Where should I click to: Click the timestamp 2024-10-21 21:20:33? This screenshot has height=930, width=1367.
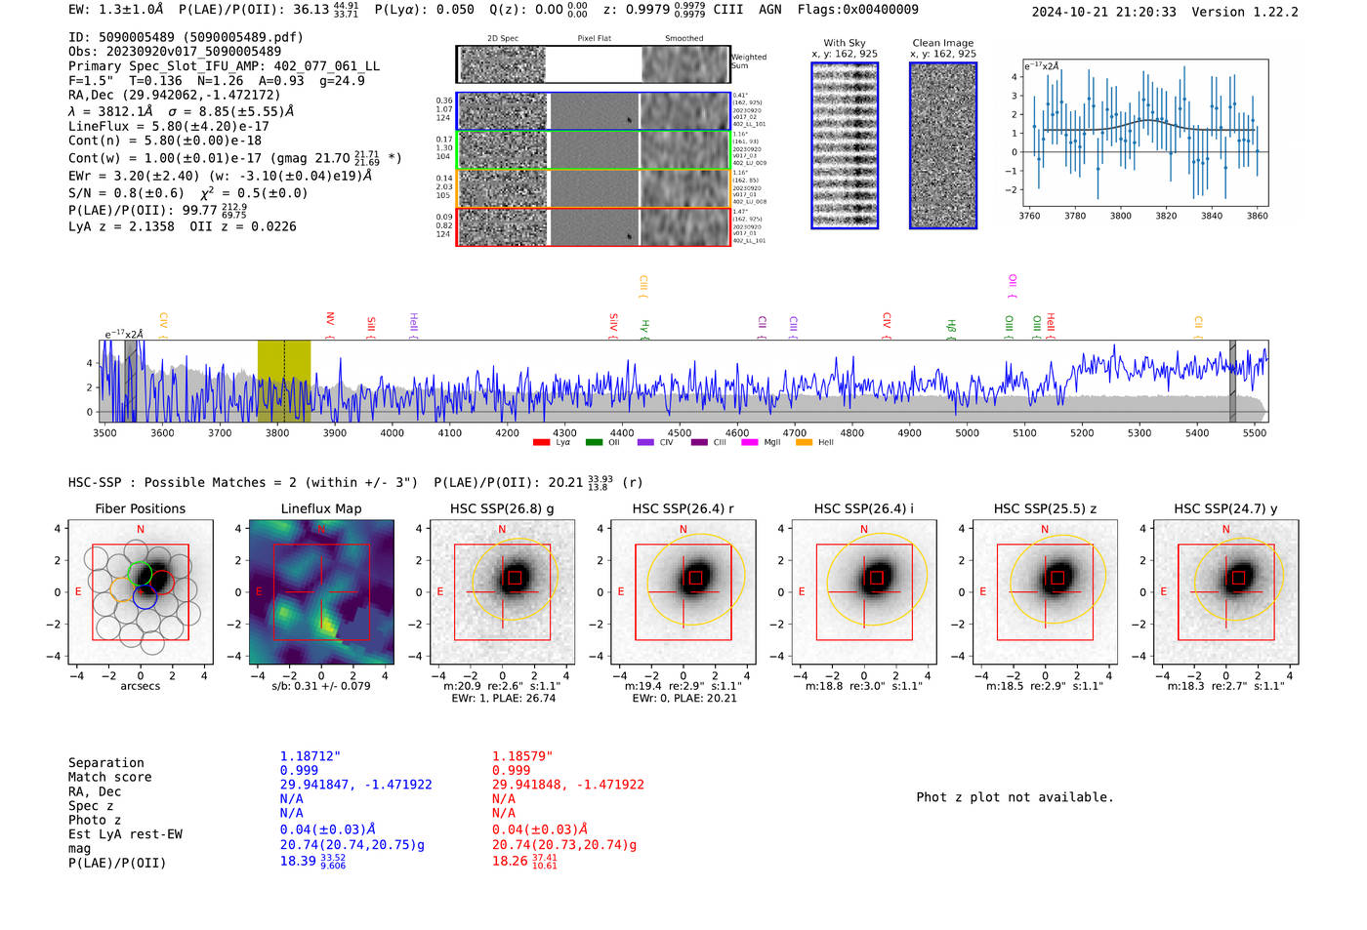point(1103,12)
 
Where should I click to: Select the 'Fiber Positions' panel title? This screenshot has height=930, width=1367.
point(140,508)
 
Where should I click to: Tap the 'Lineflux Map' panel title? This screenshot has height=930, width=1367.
point(321,508)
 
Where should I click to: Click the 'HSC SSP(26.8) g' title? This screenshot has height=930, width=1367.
point(501,508)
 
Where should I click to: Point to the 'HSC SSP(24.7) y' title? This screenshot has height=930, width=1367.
point(1225,508)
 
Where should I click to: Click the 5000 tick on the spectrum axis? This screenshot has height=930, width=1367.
point(967,432)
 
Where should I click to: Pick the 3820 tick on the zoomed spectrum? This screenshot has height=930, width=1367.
point(1166,216)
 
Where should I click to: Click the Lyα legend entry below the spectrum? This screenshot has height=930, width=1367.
point(553,443)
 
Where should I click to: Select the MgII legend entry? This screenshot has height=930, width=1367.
point(762,443)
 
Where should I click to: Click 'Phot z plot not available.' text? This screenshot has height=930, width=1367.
point(1015,797)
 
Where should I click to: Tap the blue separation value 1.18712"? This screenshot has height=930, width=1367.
point(311,756)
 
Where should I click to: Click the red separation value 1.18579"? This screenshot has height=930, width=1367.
point(522,756)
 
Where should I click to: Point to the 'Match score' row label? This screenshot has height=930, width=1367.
point(109,777)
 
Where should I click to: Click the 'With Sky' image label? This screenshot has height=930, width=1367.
point(845,43)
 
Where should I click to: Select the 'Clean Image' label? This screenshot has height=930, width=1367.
point(942,43)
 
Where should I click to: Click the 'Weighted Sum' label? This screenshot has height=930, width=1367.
point(748,61)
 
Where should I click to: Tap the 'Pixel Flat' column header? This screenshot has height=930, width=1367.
point(594,38)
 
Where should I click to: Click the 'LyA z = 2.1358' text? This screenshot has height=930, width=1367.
point(121,226)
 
